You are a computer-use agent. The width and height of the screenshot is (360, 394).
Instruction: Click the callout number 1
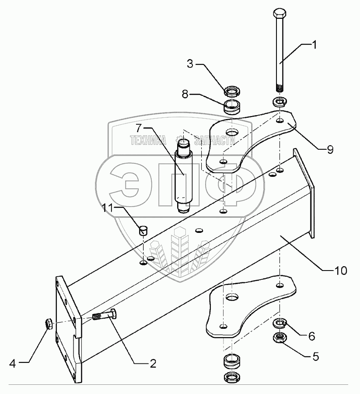click(314, 45)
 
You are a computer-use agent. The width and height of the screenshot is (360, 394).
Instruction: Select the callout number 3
click(190, 64)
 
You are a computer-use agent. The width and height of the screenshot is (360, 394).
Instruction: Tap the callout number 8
click(185, 95)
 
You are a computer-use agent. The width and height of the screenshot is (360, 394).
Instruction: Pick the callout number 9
click(330, 149)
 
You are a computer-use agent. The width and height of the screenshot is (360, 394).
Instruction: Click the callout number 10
click(340, 271)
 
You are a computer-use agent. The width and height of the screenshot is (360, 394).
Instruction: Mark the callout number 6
click(311, 336)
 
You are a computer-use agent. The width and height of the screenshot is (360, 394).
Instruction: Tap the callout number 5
click(315, 356)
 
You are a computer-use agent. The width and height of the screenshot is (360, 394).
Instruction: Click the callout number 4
click(13, 364)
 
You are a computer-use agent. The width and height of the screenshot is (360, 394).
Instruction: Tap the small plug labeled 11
click(143, 230)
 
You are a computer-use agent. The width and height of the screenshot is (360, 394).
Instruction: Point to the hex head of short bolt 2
click(113, 314)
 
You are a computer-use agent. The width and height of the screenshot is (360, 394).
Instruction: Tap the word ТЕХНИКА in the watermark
click(148, 141)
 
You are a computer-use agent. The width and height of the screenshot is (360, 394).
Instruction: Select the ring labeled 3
click(232, 91)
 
